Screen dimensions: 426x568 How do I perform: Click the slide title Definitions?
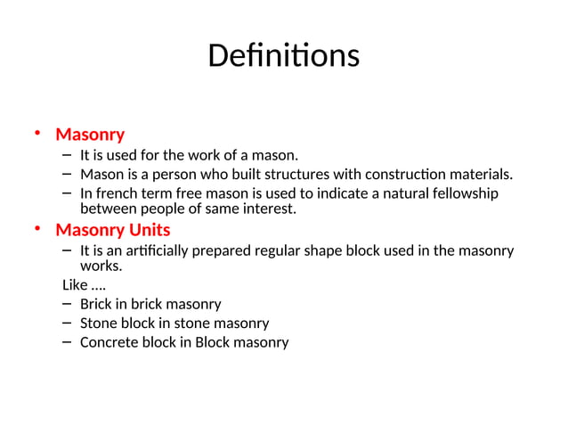click(x=283, y=56)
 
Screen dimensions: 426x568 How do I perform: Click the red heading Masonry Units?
click(x=112, y=230)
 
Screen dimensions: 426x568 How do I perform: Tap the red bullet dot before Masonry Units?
click(x=38, y=229)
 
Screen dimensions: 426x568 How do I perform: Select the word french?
click(x=117, y=193)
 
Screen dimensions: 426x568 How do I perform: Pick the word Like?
click(x=74, y=285)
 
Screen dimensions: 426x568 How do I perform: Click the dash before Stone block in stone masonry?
click(x=68, y=323)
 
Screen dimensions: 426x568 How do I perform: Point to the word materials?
click(x=480, y=174)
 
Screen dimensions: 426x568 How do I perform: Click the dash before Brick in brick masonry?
click(x=68, y=304)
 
